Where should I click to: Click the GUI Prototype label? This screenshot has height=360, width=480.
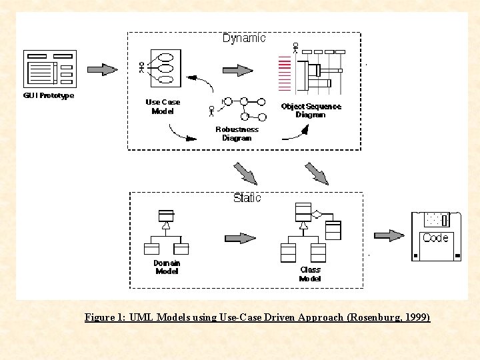(x=49, y=95)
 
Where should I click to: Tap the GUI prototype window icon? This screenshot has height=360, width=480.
(x=50, y=70)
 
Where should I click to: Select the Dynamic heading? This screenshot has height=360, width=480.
(x=243, y=38)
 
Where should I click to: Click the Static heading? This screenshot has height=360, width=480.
(x=247, y=198)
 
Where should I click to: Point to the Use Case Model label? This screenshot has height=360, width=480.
(x=163, y=107)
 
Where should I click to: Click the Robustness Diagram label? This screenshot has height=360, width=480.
(x=237, y=134)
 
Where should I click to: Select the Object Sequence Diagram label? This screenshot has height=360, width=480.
(x=311, y=111)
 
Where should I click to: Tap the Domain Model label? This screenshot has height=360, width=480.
(x=167, y=267)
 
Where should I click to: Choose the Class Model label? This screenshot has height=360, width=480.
(x=310, y=274)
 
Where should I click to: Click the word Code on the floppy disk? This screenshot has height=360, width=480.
(x=435, y=238)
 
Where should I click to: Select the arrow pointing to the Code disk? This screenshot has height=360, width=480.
(x=389, y=235)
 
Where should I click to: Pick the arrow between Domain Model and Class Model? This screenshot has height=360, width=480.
(x=240, y=238)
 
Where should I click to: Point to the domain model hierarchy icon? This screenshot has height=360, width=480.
(x=166, y=234)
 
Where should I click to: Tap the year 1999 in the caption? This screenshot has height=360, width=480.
(x=415, y=317)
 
